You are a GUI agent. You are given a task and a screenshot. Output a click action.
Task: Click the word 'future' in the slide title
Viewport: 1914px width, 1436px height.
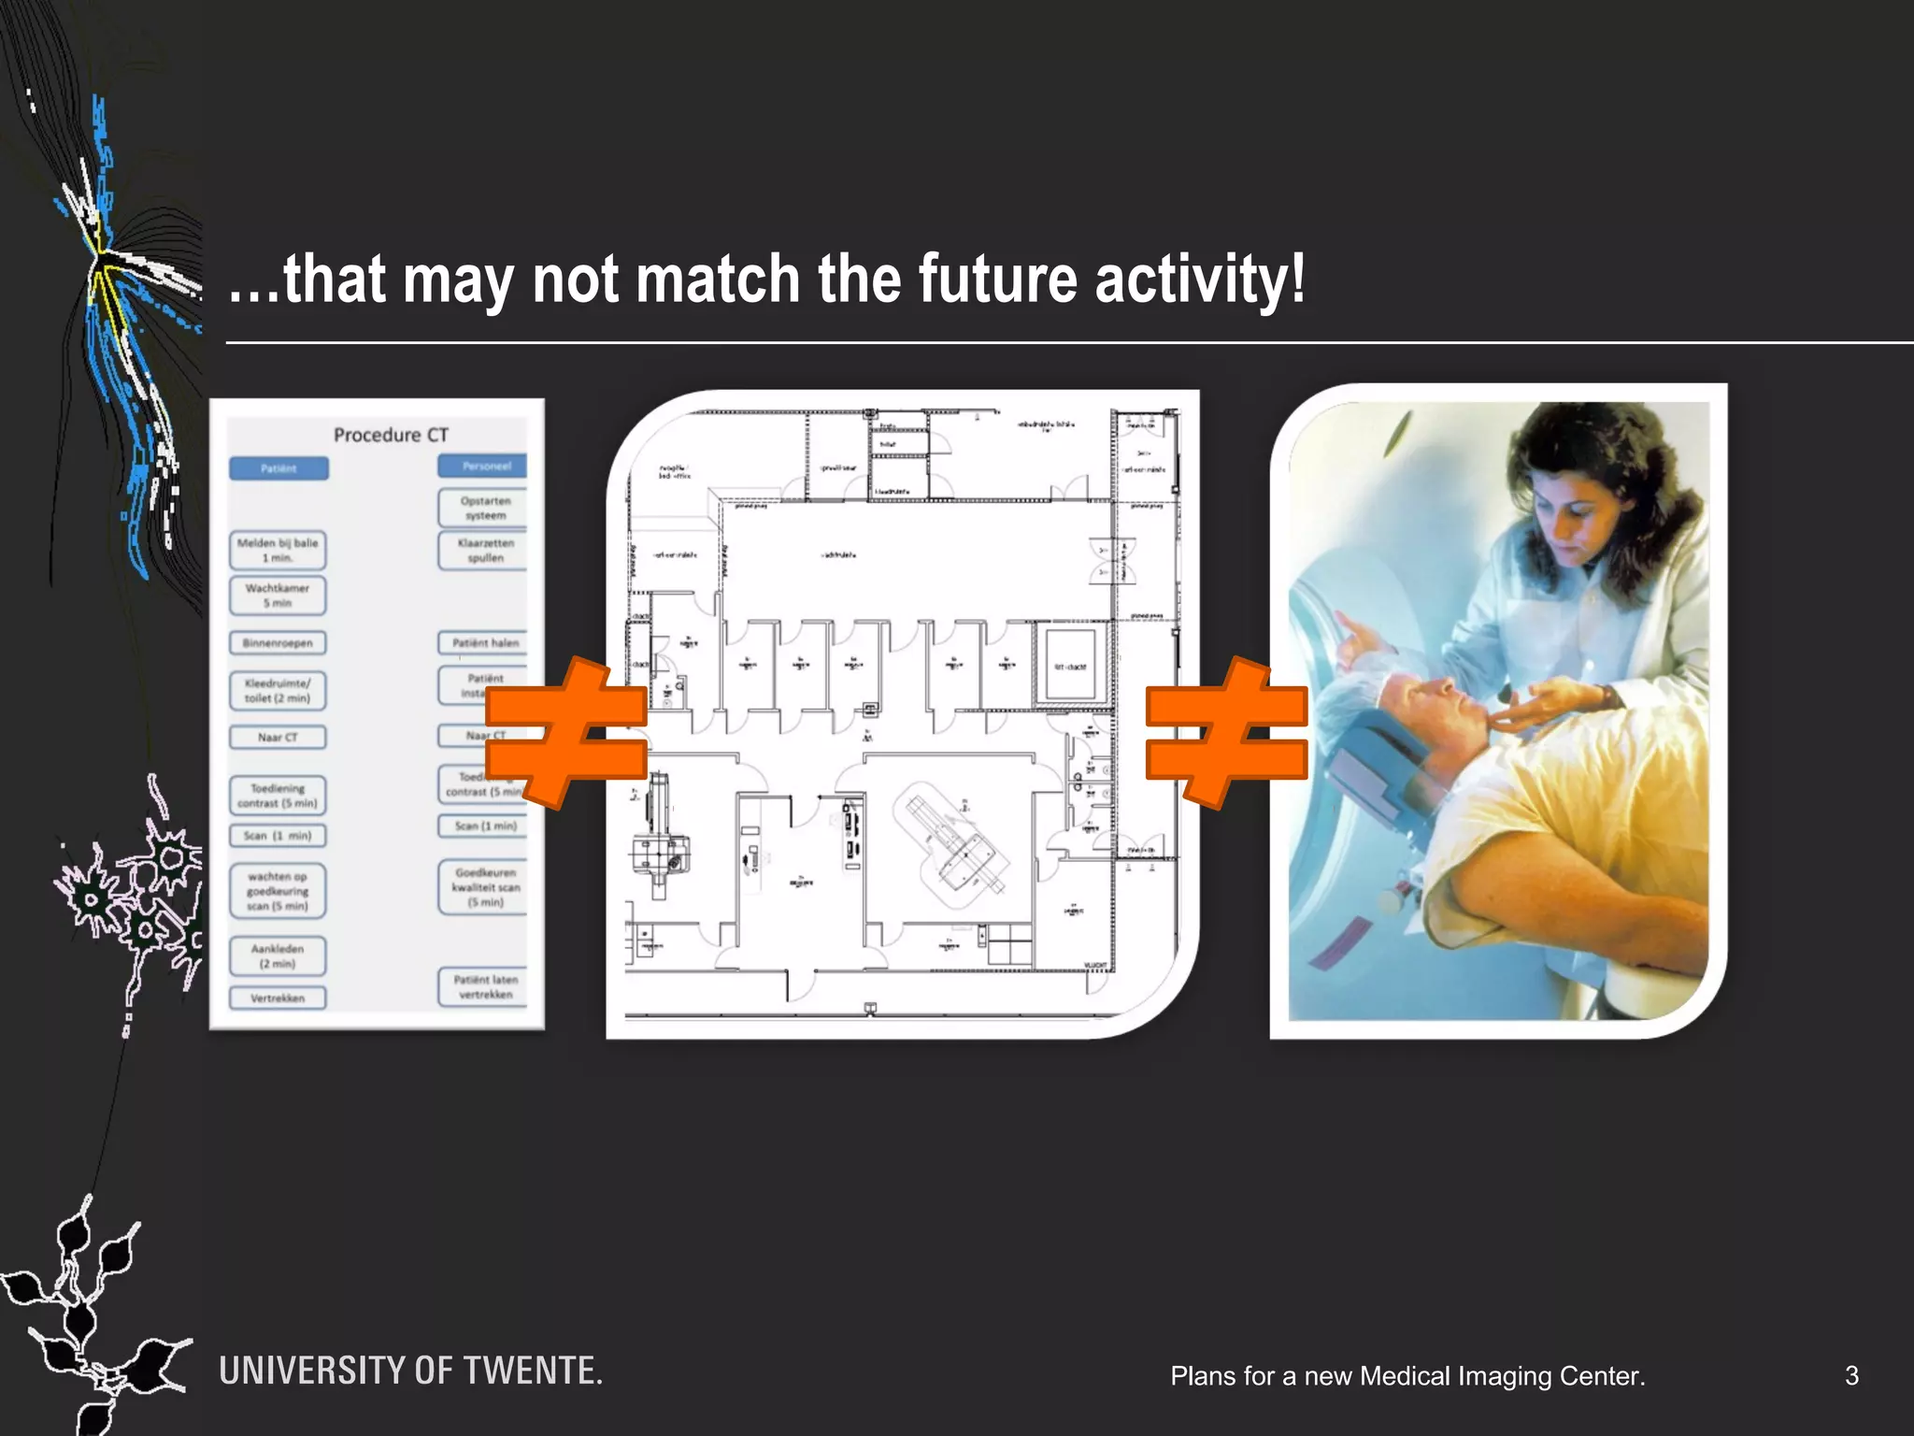997,280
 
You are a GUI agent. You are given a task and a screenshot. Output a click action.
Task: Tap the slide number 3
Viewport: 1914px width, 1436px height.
1851,1375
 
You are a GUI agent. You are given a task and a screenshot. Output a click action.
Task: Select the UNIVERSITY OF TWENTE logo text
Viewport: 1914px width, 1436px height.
410,1371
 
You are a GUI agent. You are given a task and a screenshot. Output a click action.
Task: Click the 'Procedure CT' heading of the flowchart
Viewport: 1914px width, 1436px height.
391,435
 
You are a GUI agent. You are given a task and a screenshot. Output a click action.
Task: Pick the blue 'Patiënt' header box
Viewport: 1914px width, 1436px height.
279,468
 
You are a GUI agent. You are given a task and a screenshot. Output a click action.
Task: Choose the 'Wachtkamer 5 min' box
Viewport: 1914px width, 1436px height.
278,596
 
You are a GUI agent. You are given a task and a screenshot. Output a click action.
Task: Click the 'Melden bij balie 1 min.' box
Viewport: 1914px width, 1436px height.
278,551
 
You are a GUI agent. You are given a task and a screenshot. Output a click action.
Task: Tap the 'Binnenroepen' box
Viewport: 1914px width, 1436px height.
278,643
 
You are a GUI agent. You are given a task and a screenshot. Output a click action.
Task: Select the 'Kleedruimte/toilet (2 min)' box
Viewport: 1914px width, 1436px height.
278,691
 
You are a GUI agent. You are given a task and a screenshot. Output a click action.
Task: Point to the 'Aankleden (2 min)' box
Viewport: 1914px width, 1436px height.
278,956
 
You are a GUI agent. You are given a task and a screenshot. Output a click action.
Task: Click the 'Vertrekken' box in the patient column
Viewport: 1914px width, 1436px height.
278,998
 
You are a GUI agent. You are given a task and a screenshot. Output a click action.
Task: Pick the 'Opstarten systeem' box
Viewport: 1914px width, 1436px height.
484,508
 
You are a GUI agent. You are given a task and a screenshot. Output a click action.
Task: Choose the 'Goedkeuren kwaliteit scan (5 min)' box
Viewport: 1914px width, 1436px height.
484,887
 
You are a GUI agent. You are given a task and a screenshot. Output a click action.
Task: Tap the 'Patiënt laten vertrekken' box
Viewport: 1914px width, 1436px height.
484,987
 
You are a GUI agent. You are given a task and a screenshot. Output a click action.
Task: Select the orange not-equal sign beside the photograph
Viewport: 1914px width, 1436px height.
1225,732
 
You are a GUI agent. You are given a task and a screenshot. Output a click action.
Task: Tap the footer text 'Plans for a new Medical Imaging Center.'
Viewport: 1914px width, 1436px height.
1407,1376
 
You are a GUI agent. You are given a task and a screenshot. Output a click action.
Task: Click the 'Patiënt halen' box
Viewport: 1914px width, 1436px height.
484,643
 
